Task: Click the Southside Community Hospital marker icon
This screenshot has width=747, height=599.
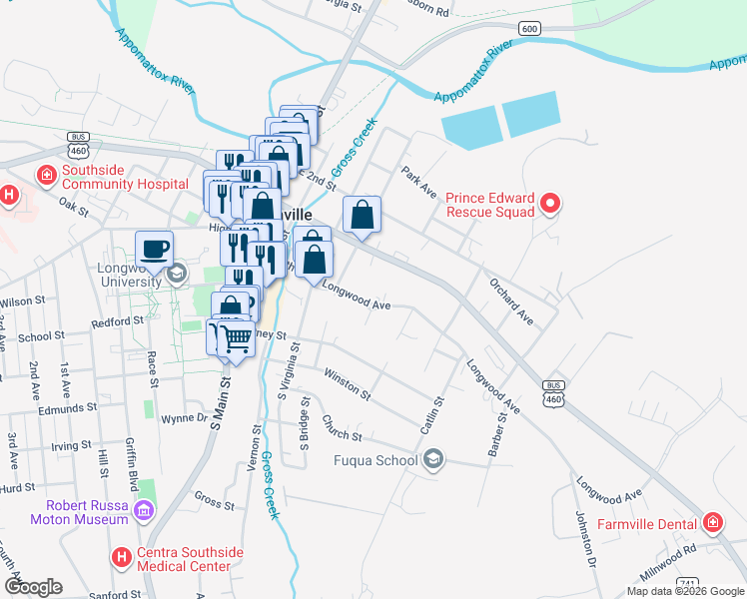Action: click(x=46, y=177)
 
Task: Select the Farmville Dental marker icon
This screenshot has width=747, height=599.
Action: click(x=713, y=522)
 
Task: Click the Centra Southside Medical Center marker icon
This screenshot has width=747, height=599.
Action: click(x=122, y=556)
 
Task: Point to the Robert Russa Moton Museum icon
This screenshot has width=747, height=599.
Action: click(x=144, y=512)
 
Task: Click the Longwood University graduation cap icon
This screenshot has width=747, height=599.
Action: click(x=177, y=273)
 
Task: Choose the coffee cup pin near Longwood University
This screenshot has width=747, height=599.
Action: click(x=154, y=249)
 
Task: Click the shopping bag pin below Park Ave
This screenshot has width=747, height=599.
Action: click(x=362, y=214)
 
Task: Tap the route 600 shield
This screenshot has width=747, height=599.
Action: click(x=530, y=29)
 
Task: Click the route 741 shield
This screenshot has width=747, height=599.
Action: click(x=686, y=582)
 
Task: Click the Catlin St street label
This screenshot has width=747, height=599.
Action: click(x=431, y=413)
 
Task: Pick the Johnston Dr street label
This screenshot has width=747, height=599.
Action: click(x=585, y=538)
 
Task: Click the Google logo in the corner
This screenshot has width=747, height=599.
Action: click(x=33, y=586)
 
